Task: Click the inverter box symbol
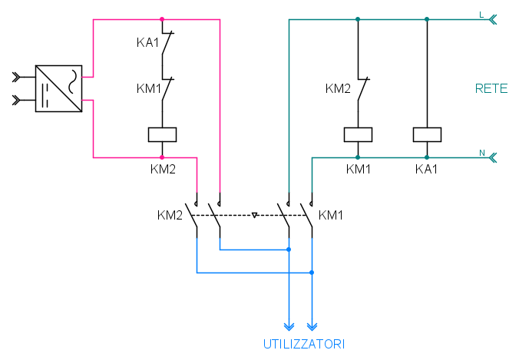[x=58, y=88]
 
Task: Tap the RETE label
[x=491, y=89]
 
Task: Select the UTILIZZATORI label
[x=299, y=342]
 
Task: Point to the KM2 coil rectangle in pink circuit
[x=162, y=134]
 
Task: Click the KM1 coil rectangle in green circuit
[x=358, y=134]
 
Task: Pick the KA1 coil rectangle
[x=427, y=134]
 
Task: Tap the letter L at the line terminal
[x=481, y=15]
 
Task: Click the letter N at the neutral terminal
[x=482, y=154]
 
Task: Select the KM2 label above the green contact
[x=338, y=89]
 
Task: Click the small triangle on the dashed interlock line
[x=254, y=216]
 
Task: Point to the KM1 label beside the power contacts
[x=331, y=215]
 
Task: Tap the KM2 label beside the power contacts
[x=170, y=215]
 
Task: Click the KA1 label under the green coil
[x=426, y=169]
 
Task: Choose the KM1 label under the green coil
[x=358, y=169]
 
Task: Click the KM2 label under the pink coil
[x=163, y=169]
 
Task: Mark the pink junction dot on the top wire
[x=162, y=19]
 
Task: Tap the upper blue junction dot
[x=289, y=249]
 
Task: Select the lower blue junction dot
[x=312, y=272]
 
